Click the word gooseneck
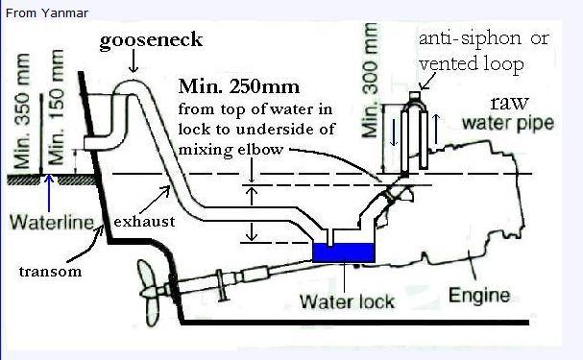[151, 40]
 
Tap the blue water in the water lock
[343, 253]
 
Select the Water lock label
[347, 301]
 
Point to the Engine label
[479, 296]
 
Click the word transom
[50, 272]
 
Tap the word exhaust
[144, 222]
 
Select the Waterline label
[52, 222]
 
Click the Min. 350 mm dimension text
[22, 110]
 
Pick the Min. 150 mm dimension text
[56, 108]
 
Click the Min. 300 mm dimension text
[370, 81]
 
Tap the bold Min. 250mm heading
[239, 87]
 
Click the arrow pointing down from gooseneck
[134, 62]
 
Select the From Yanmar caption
[47, 13]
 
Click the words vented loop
[472, 64]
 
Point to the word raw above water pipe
[509, 103]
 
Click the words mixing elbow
[231, 150]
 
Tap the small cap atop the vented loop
[415, 95]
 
